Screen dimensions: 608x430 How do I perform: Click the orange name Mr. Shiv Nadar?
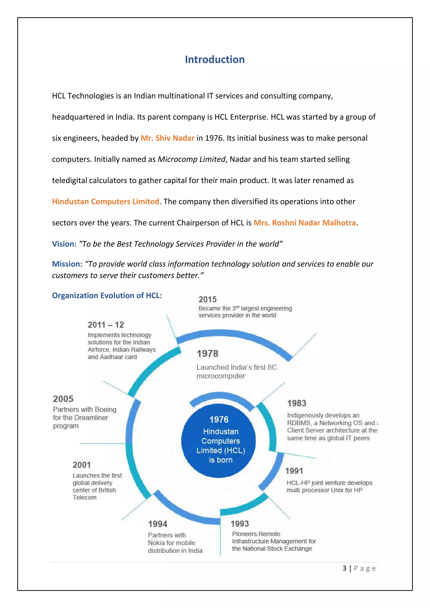tap(167, 138)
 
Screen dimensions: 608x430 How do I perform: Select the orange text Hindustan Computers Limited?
tap(105, 202)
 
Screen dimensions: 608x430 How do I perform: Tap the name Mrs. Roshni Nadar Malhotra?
tap(304, 223)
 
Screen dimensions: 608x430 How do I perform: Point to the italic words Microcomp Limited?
tap(191, 159)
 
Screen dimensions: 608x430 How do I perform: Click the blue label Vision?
tap(64, 244)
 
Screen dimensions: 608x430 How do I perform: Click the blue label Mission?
tap(67, 264)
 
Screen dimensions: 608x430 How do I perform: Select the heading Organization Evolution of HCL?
tap(107, 296)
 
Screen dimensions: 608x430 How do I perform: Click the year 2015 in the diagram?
tap(208, 300)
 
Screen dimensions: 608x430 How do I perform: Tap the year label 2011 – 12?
tap(106, 325)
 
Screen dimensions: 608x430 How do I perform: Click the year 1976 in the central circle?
tap(219, 419)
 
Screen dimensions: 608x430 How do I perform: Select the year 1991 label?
tap(294, 471)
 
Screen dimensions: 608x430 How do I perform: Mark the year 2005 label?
tap(63, 399)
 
